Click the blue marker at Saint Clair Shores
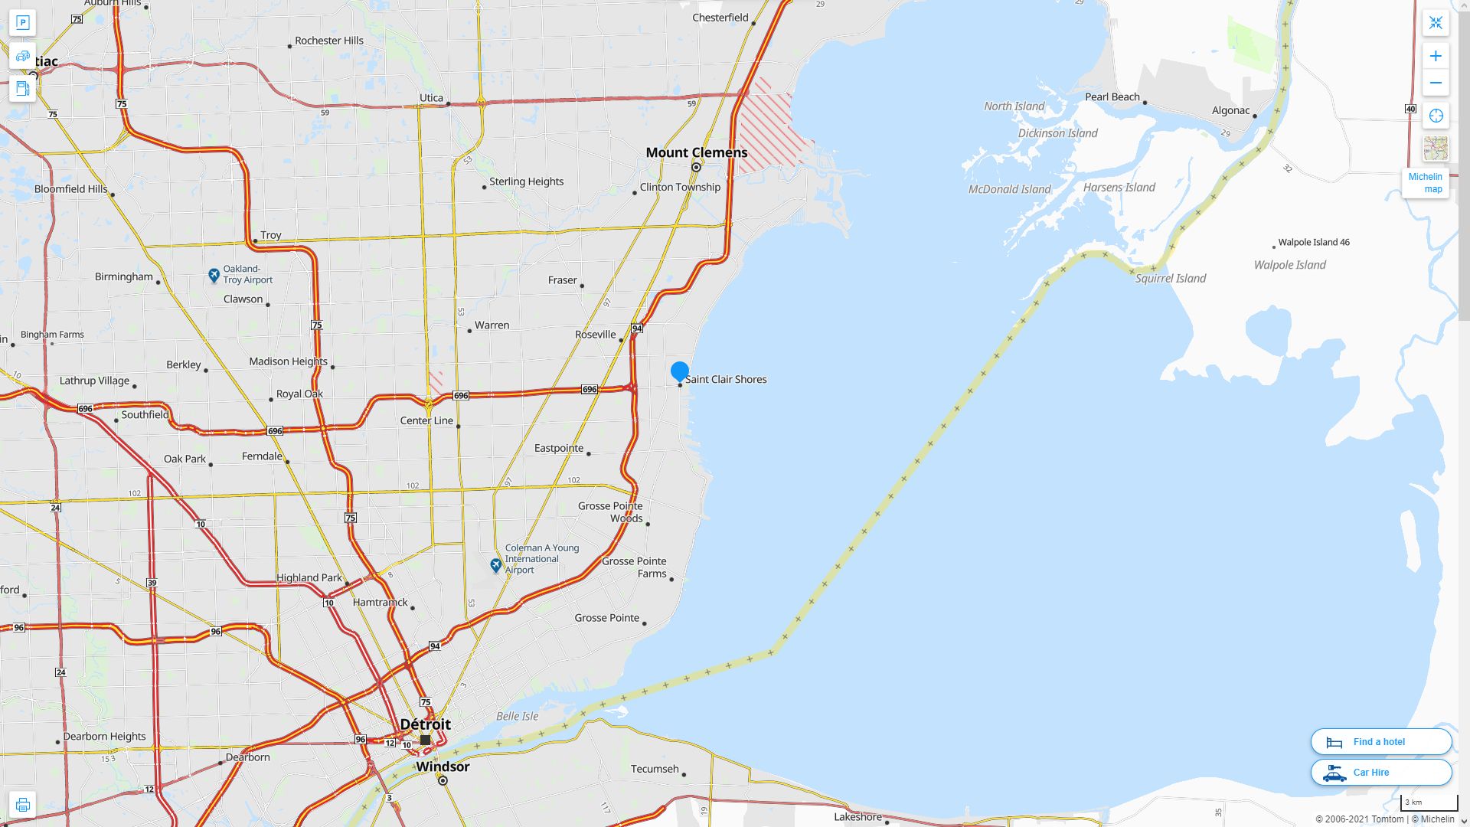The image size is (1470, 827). click(x=679, y=371)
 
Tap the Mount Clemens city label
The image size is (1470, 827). click(x=696, y=152)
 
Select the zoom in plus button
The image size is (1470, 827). click(x=1436, y=56)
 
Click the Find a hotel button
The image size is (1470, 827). click(x=1380, y=741)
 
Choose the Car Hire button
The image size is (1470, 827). click(x=1380, y=772)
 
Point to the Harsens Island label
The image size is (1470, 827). click(x=1119, y=188)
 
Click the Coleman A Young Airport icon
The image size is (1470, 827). click(x=496, y=565)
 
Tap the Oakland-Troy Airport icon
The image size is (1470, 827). click(x=214, y=275)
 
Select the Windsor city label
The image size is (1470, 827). click(x=443, y=767)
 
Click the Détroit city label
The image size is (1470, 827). click(x=426, y=724)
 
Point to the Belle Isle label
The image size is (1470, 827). click(x=517, y=717)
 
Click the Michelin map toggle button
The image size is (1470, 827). click(x=1425, y=183)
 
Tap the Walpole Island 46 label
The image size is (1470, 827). click(x=1313, y=242)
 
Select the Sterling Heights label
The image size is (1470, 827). click(x=526, y=181)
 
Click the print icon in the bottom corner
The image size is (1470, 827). click(x=22, y=804)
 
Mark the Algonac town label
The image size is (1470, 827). click(x=1230, y=110)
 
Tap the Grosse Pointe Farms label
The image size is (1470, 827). click(x=634, y=567)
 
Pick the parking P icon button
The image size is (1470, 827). click(x=22, y=23)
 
